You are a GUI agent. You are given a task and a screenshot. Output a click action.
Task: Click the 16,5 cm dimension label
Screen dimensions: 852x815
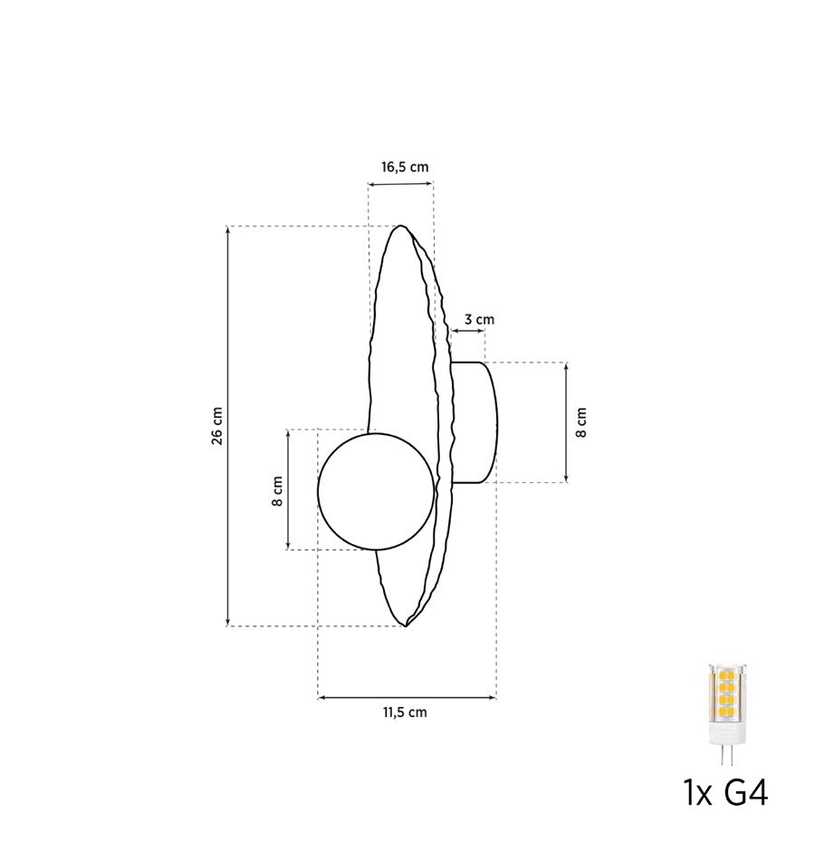[x=404, y=167]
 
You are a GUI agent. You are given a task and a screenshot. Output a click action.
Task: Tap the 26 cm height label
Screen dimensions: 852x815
[x=216, y=425]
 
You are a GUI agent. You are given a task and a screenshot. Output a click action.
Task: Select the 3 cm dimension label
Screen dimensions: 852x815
[x=478, y=319]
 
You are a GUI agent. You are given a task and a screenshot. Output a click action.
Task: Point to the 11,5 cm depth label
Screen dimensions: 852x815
[x=404, y=712]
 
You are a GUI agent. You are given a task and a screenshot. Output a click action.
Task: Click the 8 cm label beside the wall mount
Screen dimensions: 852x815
[x=581, y=422]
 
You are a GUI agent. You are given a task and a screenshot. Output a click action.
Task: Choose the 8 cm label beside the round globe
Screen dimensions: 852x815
[x=278, y=490]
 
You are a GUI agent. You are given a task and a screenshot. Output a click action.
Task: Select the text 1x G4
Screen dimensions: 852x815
[x=726, y=794]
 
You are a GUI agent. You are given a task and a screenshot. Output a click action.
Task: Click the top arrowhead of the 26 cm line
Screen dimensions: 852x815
[x=227, y=230]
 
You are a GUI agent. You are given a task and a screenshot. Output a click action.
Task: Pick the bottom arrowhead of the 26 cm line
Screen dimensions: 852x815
[x=227, y=621]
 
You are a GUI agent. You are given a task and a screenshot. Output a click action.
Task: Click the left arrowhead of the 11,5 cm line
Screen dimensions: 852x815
[x=322, y=697]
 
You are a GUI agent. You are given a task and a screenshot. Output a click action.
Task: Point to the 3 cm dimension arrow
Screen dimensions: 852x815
[x=468, y=332]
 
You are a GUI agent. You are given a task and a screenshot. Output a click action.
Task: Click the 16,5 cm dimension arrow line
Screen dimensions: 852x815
[x=400, y=185]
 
